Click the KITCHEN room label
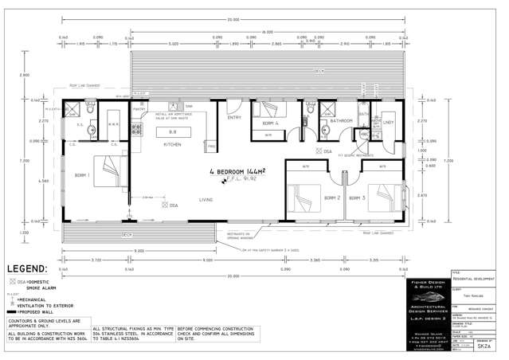point(172,145)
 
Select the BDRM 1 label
point(81,174)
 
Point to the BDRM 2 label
point(332,198)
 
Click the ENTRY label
point(234,117)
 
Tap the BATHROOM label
point(342,120)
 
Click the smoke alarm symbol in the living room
point(163,205)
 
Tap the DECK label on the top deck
point(319,71)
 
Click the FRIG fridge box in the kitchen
point(211,147)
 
